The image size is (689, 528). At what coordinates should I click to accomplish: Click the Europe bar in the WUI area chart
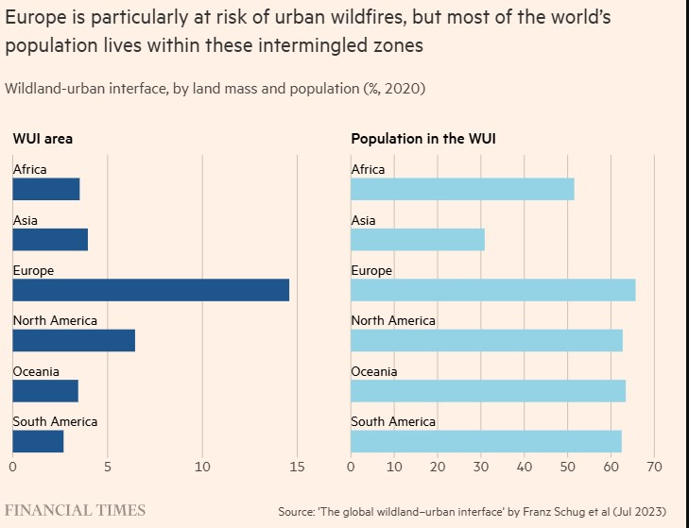pyautogui.click(x=150, y=290)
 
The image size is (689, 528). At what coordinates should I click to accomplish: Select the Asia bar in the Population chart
pyautogui.click(x=417, y=239)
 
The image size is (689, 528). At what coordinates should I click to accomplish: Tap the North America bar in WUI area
pyautogui.click(x=74, y=340)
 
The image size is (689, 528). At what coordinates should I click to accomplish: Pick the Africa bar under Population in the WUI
pyautogui.click(x=462, y=189)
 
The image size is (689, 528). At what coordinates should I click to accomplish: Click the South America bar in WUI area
pyautogui.click(x=38, y=441)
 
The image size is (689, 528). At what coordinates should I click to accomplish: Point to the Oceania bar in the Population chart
pyautogui.click(x=488, y=390)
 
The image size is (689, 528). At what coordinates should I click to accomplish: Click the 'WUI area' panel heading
pyautogui.click(x=43, y=139)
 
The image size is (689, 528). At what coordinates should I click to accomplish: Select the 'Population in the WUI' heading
pyautogui.click(x=424, y=139)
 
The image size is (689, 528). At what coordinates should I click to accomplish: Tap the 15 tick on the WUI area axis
pyautogui.click(x=297, y=466)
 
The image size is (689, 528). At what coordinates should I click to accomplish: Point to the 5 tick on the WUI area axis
pyautogui.click(x=108, y=466)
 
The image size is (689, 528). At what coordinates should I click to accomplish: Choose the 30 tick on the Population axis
pyautogui.click(x=481, y=466)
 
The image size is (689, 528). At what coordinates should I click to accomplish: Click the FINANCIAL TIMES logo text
pyautogui.click(x=76, y=510)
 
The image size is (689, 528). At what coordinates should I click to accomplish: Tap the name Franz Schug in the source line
pyautogui.click(x=545, y=511)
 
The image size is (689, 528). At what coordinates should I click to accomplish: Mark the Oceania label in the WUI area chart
pyautogui.click(x=36, y=371)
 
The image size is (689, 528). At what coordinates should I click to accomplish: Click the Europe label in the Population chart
pyautogui.click(x=371, y=270)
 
